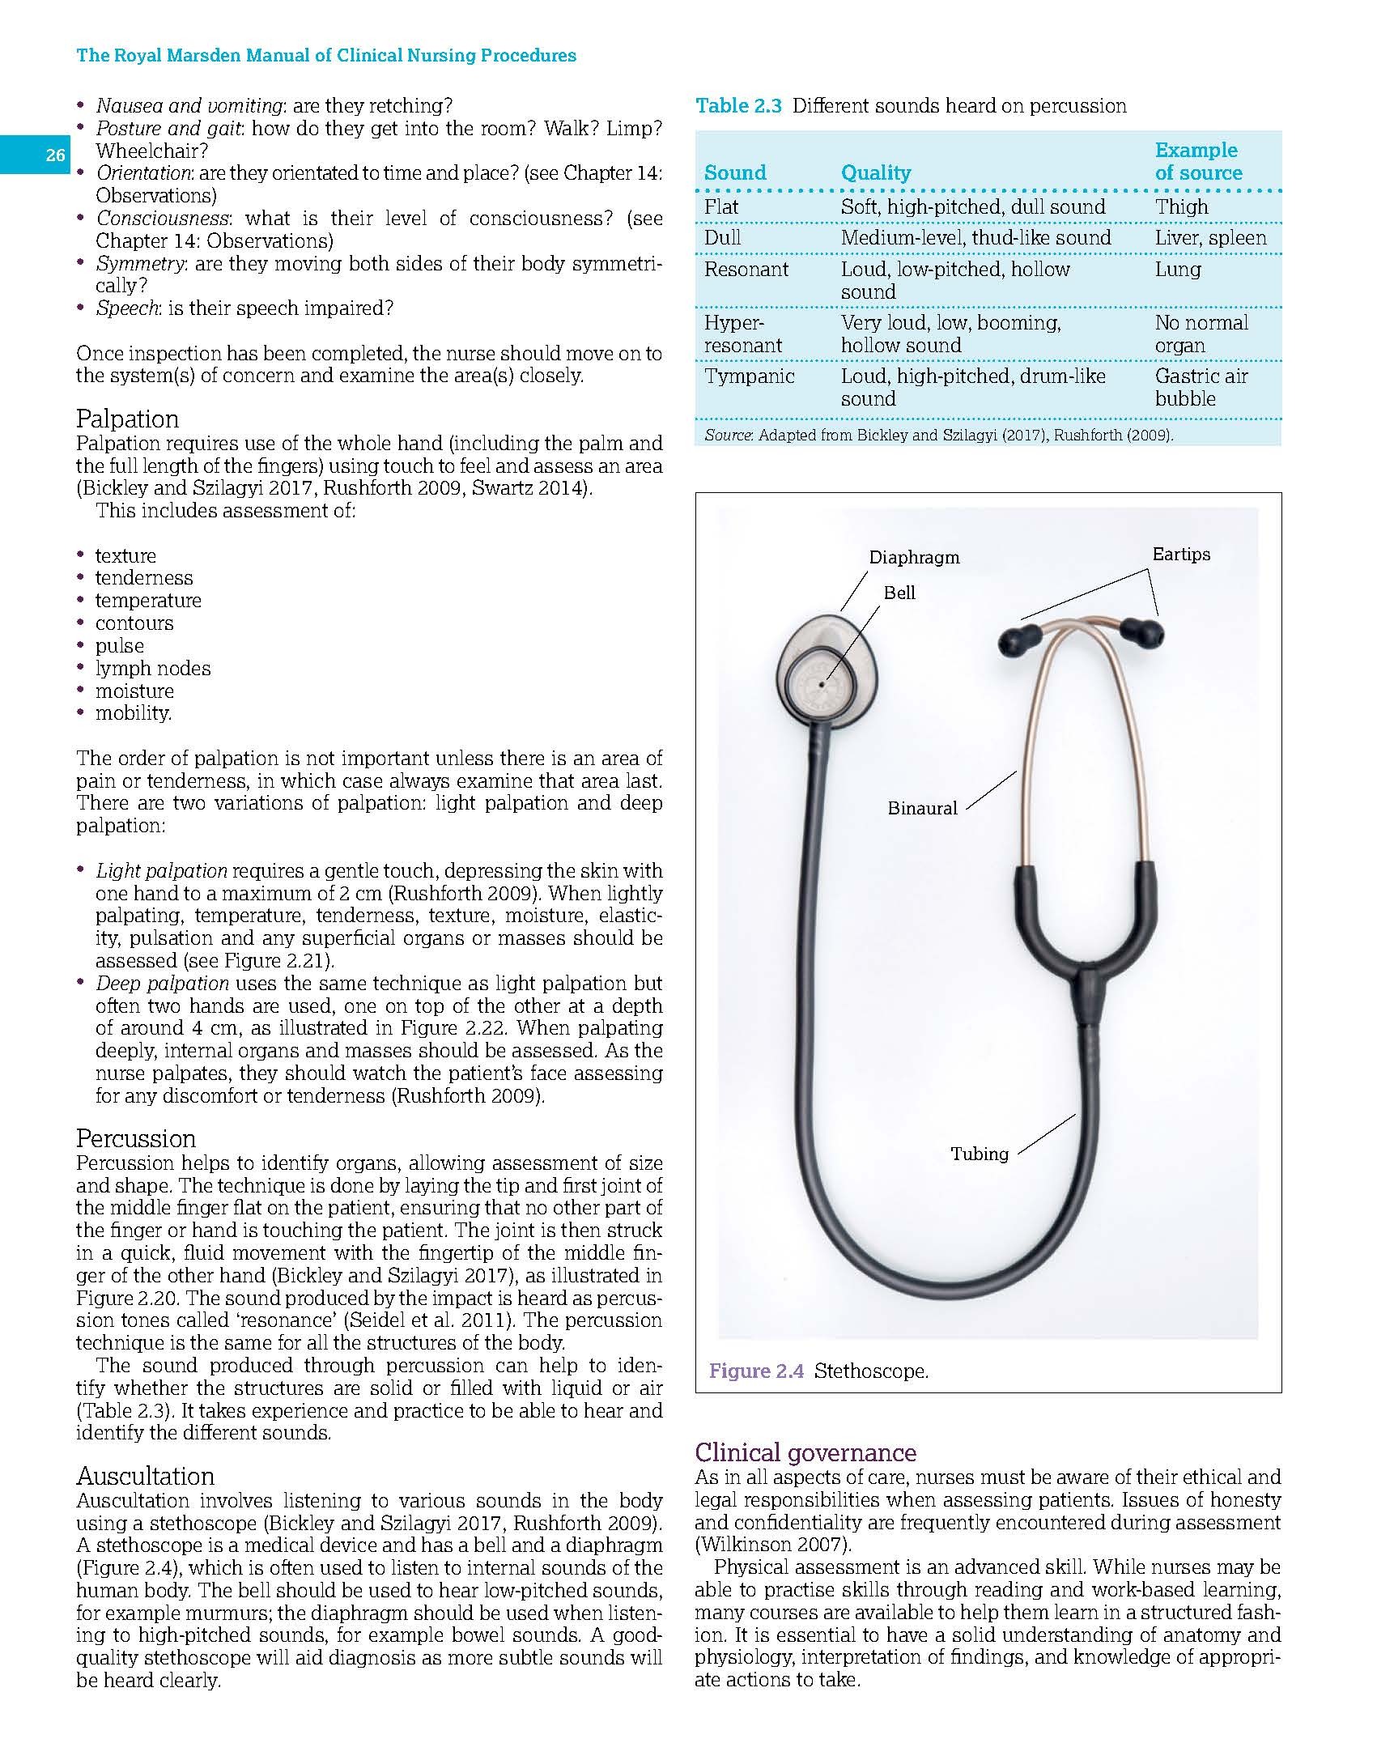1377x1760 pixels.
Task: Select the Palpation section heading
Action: click(127, 419)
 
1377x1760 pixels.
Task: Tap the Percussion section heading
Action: click(135, 1138)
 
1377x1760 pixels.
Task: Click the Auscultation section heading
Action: click(145, 1476)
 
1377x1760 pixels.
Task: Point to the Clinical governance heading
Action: click(805, 1452)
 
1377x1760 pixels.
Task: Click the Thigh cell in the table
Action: click(1181, 207)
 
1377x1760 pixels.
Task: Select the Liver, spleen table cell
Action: click(1210, 238)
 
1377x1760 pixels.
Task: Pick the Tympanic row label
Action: click(749, 376)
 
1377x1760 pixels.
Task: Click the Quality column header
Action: click(875, 172)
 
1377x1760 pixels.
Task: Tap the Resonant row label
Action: click(746, 270)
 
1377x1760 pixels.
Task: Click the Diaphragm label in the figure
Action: click(914, 557)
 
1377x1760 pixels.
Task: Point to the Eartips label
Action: click(1181, 555)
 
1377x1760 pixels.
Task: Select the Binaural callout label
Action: click(922, 808)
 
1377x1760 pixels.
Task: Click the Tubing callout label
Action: click(980, 1154)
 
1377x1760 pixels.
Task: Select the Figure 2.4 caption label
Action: click(756, 1371)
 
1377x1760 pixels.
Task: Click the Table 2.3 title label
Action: click(738, 106)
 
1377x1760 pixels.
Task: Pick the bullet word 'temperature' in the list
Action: click(148, 601)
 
